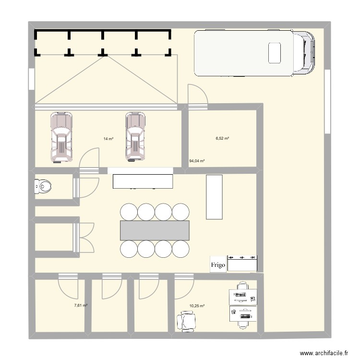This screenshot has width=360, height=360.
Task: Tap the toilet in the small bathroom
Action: [43, 186]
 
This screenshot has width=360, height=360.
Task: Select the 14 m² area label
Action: [108, 139]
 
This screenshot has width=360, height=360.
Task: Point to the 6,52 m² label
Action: [222, 138]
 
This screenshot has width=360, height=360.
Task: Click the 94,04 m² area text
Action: [197, 161]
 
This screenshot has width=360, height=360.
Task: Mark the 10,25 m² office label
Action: [197, 306]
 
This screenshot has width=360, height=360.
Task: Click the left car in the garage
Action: [62, 136]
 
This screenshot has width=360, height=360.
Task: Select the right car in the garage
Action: [135, 136]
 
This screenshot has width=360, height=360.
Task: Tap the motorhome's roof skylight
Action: [274, 52]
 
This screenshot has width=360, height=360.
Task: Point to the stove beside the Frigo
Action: [243, 263]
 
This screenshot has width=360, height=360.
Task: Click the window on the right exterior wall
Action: [327, 101]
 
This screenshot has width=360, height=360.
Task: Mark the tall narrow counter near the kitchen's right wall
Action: [214, 197]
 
